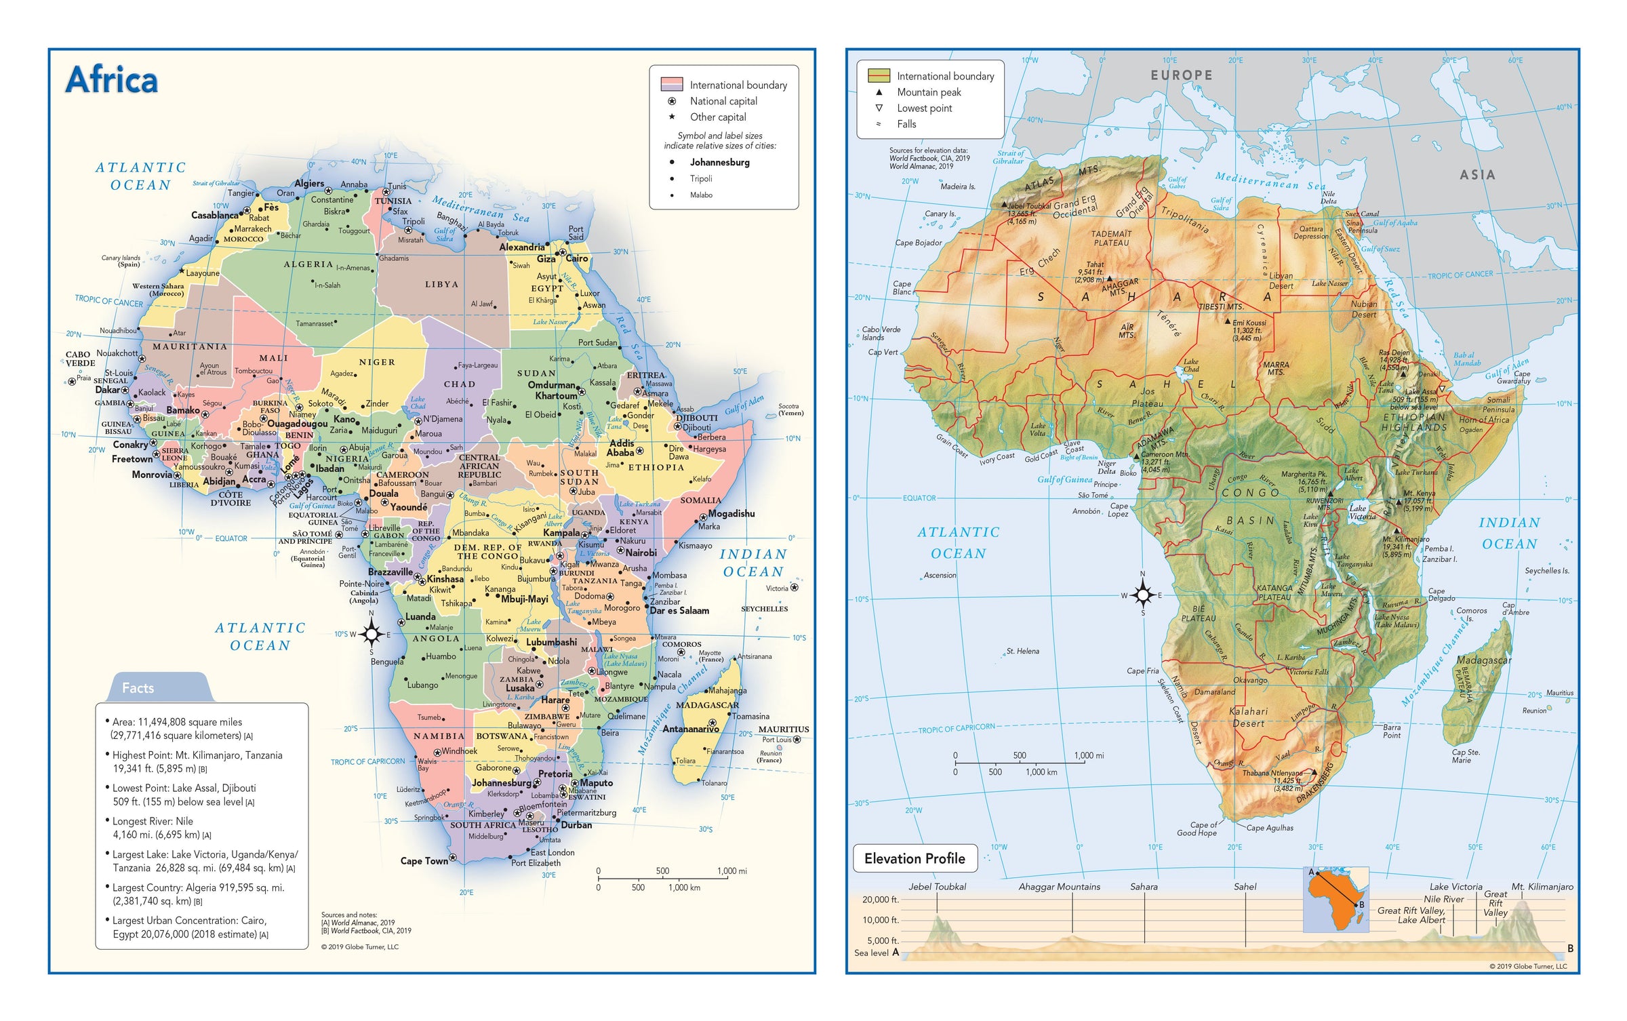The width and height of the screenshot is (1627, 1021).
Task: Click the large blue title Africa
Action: (x=112, y=80)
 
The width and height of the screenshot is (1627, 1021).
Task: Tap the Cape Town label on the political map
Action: (x=424, y=861)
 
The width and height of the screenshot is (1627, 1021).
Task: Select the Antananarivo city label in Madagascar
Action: (x=690, y=729)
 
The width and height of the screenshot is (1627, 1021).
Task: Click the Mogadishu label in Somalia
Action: (x=731, y=513)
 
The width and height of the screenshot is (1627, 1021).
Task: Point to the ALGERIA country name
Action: (x=308, y=264)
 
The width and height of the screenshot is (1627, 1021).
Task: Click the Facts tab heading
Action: (x=138, y=688)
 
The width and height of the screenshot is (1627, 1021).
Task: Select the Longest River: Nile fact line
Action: (x=153, y=821)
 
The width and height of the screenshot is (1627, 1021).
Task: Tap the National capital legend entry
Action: (x=723, y=101)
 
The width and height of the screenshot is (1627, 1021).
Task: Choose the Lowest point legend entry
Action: (x=924, y=108)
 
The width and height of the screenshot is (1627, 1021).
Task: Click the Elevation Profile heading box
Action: (x=915, y=858)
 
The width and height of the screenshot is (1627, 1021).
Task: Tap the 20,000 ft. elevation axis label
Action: (x=880, y=900)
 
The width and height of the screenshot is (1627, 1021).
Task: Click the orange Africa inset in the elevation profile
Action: (x=1335, y=900)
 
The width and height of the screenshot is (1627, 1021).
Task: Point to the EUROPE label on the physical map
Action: (x=1181, y=75)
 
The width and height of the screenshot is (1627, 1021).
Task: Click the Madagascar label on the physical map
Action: (x=1483, y=660)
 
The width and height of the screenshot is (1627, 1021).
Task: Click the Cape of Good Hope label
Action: (x=1197, y=828)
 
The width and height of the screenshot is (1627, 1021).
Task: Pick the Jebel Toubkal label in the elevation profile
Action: (x=937, y=887)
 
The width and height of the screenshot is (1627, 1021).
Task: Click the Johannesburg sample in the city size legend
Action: (x=719, y=163)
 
